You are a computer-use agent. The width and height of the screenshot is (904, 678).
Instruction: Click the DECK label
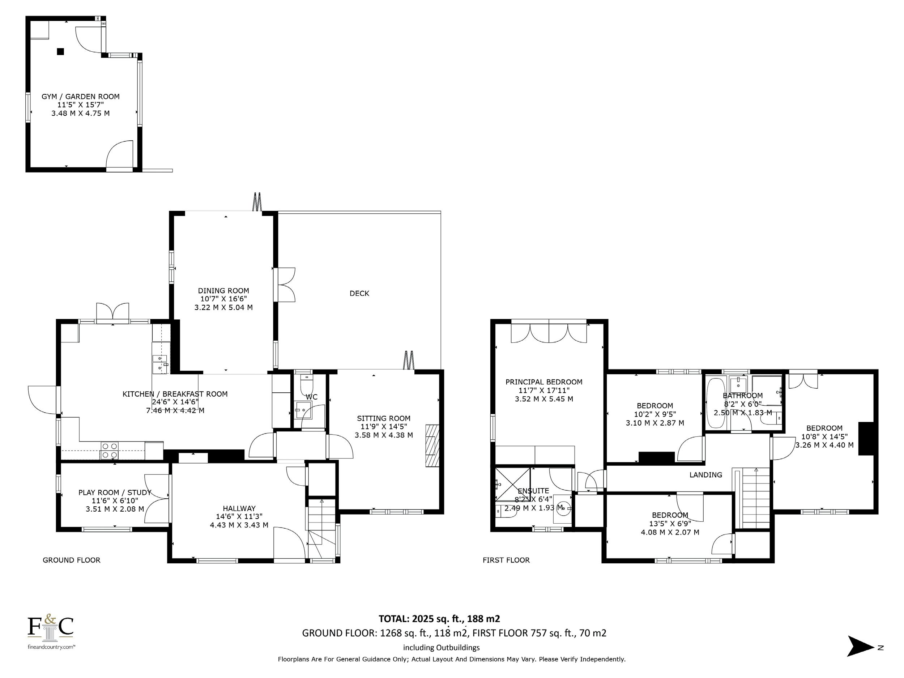pos(359,293)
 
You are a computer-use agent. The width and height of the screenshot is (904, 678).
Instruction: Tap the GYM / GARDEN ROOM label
pos(81,97)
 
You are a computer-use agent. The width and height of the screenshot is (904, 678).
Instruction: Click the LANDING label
pos(706,474)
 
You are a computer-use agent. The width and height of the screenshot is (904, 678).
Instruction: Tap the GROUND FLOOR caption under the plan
pos(72,560)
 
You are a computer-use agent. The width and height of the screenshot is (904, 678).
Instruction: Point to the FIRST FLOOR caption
pos(506,560)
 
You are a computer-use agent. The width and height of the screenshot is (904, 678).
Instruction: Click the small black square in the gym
pos(60,51)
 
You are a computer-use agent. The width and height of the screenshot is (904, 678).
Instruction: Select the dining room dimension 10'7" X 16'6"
pos(223,299)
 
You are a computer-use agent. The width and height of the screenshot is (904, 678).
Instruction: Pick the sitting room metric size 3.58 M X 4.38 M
pos(384,435)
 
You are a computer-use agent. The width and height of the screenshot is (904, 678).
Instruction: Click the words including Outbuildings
pos(442,647)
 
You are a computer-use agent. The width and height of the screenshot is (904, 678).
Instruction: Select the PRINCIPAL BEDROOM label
pos(544,382)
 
